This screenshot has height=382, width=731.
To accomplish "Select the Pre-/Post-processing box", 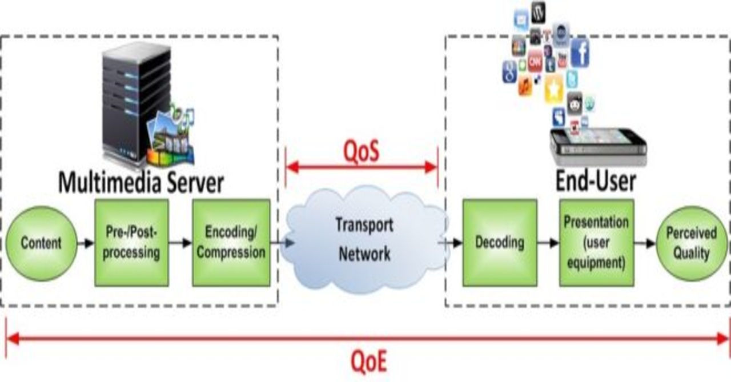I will point(132,243).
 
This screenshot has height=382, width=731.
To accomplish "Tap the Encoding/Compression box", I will point(231,243).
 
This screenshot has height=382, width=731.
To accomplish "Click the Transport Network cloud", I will point(364,240).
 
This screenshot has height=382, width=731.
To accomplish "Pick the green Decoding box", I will point(499,242).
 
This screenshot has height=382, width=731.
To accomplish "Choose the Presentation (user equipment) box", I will point(596,243).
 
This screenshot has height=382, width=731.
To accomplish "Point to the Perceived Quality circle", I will point(691,243).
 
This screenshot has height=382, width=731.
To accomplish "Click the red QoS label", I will point(362,152).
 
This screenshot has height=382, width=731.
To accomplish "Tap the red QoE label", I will point(368,361).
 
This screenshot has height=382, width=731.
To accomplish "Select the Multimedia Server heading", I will point(140,183).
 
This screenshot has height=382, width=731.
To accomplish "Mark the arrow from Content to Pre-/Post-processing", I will point(86,243).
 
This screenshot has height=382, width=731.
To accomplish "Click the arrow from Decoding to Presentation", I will point(548,243).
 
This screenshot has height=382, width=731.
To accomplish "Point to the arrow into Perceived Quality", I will point(645,243).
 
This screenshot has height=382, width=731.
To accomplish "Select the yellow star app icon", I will point(553,89).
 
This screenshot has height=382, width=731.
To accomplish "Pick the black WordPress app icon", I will point(538,11).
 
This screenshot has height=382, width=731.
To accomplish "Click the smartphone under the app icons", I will point(597,146).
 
